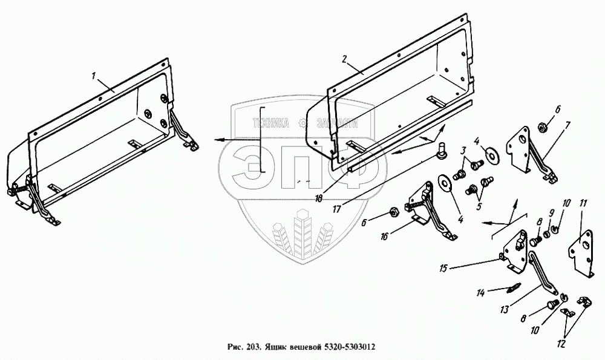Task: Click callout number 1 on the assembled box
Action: point(94,76)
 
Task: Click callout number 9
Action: point(551,213)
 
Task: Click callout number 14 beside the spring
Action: point(480,293)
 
